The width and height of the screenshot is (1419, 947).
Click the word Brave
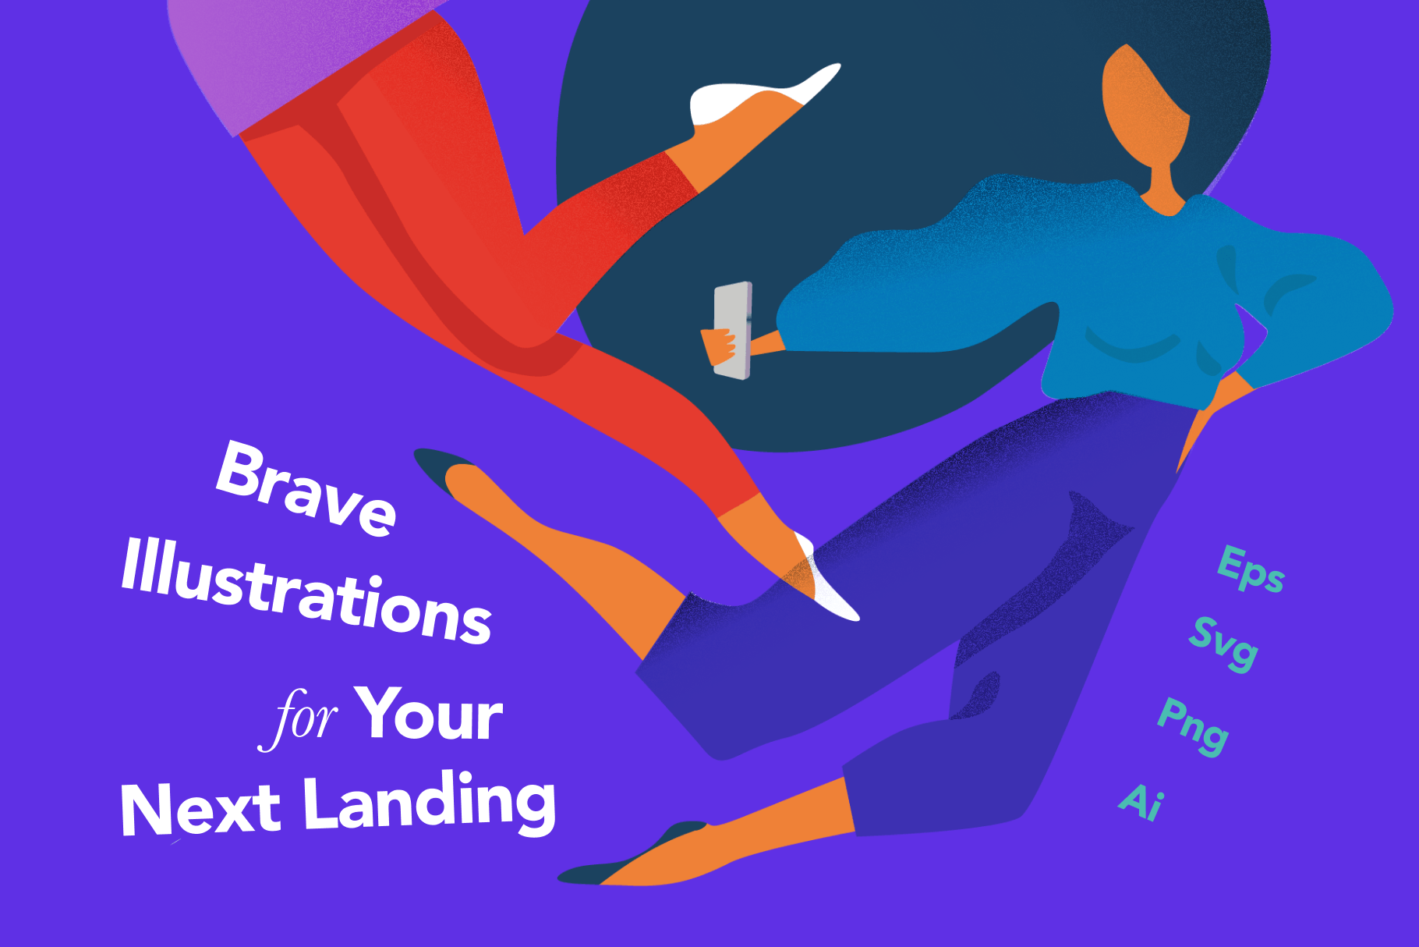(306, 488)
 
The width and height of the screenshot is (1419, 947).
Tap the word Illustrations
(306, 591)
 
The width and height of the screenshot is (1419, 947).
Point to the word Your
(428, 713)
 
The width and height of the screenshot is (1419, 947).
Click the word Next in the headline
(200, 810)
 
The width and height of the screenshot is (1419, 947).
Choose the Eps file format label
(1251, 569)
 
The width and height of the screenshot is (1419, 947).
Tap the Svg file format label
(1223, 644)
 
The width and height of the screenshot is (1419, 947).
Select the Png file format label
(1192, 726)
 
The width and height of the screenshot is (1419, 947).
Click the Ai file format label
(1141, 802)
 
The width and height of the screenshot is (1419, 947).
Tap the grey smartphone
(734, 331)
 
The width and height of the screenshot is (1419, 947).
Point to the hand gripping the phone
(719, 346)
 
